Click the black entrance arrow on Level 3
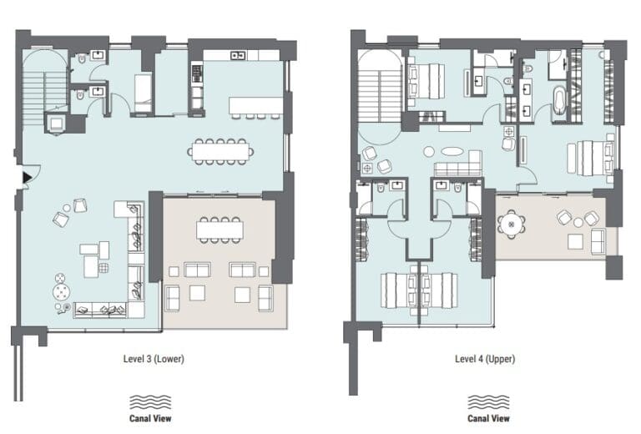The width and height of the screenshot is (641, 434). click(x=27, y=177)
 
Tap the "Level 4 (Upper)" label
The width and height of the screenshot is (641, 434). click(x=484, y=360)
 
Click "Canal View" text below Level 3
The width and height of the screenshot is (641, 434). click(x=151, y=418)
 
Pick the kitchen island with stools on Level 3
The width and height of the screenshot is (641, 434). click(x=257, y=107)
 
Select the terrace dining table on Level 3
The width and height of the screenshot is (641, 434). click(x=220, y=228)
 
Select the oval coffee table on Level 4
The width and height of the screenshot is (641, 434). click(x=450, y=152)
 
